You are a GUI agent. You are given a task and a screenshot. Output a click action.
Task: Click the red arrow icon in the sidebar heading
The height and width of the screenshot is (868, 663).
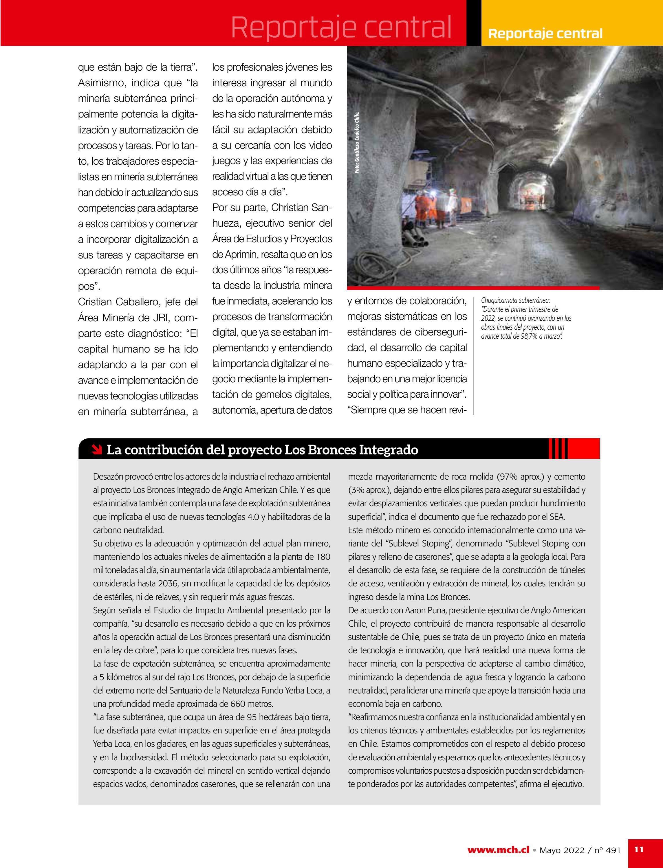(x=96, y=449)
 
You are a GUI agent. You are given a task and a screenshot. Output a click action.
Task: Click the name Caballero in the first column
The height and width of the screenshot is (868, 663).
(x=140, y=302)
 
